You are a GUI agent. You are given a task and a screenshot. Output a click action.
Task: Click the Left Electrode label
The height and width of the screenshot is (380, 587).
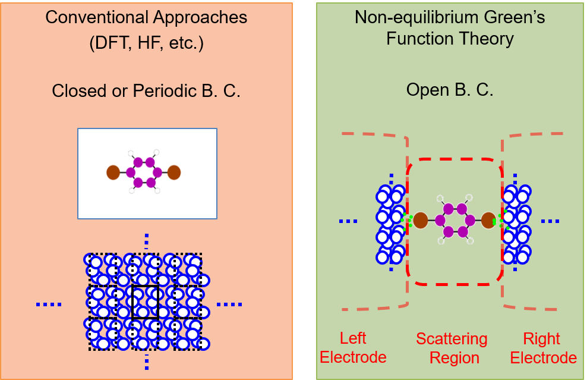(354, 348)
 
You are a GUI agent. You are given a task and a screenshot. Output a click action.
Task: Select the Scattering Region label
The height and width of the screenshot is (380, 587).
(452, 348)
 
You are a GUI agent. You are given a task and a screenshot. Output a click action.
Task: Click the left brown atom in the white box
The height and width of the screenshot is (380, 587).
(113, 173)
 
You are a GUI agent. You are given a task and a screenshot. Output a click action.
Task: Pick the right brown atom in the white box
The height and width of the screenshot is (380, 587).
(173, 173)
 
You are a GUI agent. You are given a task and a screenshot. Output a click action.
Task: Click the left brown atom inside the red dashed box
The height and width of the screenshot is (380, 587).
(421, 221)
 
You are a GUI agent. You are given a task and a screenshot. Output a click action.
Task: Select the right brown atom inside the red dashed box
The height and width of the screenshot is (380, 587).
(488, 221)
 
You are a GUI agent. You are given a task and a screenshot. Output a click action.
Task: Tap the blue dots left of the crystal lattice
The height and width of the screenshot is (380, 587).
(49, 304)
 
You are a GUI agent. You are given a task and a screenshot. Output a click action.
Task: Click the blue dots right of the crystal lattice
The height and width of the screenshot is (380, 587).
(229, 304)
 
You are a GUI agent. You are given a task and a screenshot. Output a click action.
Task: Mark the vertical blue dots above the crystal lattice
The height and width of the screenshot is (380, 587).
(146, 242)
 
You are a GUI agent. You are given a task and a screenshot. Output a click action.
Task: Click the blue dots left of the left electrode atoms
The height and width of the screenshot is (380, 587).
(348, 221)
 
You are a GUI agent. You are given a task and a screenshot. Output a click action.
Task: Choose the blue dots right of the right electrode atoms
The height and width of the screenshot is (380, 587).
(550, 221)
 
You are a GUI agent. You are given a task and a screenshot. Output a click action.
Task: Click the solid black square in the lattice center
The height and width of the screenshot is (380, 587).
(146, 302)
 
